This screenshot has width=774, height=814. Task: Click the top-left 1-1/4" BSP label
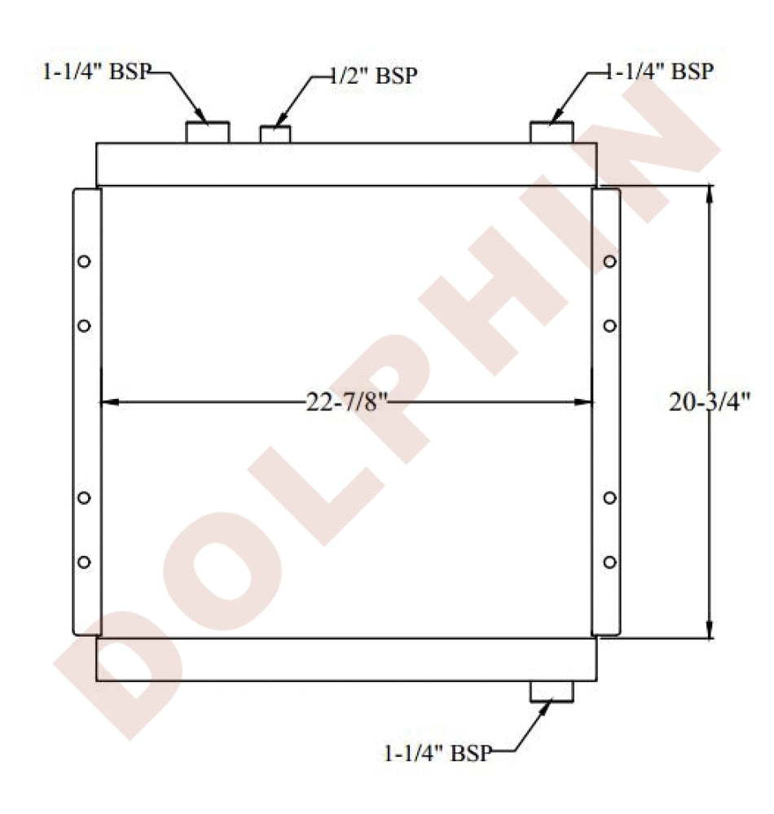pyautogui.click(x=97, y=71)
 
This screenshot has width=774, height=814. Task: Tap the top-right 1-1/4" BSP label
pyautogui.click(x=659, y=71)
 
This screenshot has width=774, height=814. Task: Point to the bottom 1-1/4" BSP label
pyautogui.click(x=438, y=753)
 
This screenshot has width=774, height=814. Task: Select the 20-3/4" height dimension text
pyautogui.click(x=709, y=402)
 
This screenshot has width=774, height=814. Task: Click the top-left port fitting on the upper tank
pyautogui.click(x=208, y=133)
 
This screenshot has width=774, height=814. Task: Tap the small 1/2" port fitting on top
pyautogui.click(x=275, y=134)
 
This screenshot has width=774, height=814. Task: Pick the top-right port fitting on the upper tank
pyautogui.click(x=552, y=133)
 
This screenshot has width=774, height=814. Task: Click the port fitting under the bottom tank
pyautogui.click(x=552, y=691)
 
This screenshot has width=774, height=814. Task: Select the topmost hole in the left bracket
pyautogui.click(x=84, y=261)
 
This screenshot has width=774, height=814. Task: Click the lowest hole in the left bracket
pyautogui.click(x=84, y=562)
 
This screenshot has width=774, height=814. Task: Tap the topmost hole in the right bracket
pyautogui.click(x=610, y=261)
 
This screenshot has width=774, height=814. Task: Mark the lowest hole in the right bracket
pyautogui.click(x=610, y=562)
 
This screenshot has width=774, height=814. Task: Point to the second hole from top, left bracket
pyautogui.click(x=84, y=326)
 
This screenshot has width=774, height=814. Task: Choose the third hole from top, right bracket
pyautogui.click(x=610, y=497)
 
